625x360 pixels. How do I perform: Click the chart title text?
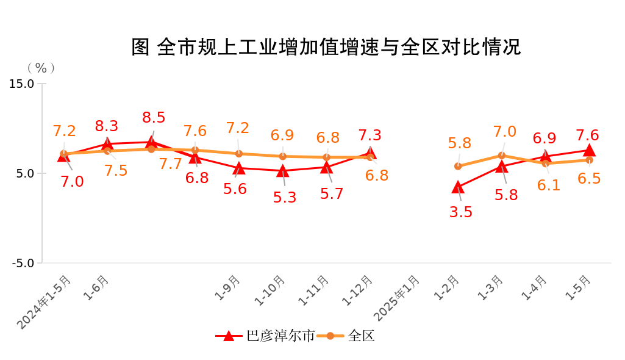pos(326,47)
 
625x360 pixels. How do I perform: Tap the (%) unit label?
pos(41,68)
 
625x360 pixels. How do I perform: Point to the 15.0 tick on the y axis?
pos(22,84)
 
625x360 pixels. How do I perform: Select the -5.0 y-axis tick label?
pos(22,263)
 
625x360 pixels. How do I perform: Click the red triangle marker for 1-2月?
pos(458,187)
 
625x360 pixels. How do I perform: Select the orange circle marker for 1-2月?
pos(458,166)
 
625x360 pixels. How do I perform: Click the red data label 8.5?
pos(153,118)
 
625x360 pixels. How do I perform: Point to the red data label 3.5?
pos(460,212)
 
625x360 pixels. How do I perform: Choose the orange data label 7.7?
pos(171,164)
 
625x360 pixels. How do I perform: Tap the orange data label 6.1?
pos(549,185)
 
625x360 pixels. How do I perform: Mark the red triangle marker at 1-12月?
pos(370,153)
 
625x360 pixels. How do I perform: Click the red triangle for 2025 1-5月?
pos(589,150)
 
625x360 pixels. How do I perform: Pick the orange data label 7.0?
pos(505,132)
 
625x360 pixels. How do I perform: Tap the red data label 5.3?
pos(285,198)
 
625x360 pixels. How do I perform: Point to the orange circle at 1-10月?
pos(282,156)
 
